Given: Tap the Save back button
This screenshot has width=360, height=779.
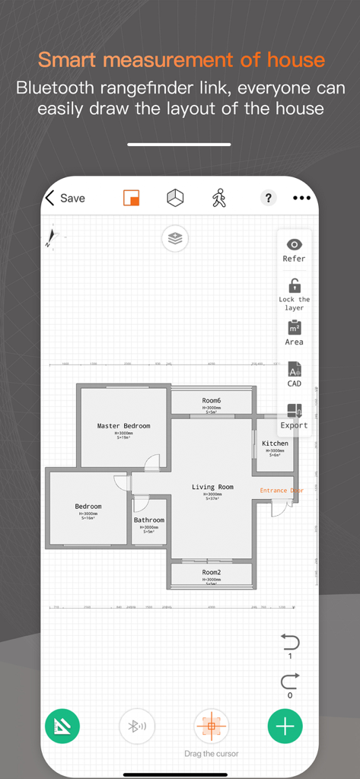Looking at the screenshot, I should [65, 199].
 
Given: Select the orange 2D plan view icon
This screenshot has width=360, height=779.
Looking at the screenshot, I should [132, 199].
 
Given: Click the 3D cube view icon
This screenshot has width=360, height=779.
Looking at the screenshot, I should [175, 199].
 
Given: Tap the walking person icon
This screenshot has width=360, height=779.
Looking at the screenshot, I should [219, 199].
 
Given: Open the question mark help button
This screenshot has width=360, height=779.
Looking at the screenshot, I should [268, 199].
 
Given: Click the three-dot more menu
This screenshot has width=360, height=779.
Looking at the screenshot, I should [301, 199].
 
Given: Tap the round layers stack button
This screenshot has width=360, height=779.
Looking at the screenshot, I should [175, 239].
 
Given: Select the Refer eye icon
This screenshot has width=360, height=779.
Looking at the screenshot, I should [294, 245].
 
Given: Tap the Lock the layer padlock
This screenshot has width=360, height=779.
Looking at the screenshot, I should [294, 287].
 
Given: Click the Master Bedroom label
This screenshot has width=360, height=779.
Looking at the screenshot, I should [123, 426].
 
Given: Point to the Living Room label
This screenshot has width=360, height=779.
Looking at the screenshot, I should [212, 487].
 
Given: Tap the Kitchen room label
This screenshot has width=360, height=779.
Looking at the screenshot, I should [275, 444].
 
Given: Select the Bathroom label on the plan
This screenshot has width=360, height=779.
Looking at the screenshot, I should [149, 520].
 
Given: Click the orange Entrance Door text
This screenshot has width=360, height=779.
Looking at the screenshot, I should [282, 491].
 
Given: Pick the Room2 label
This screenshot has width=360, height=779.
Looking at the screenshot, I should [212, 572].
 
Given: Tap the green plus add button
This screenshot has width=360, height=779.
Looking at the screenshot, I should [285, 726].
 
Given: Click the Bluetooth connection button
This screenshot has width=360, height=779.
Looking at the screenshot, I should [138, 726].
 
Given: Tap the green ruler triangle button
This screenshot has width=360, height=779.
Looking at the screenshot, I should [63, 726].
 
